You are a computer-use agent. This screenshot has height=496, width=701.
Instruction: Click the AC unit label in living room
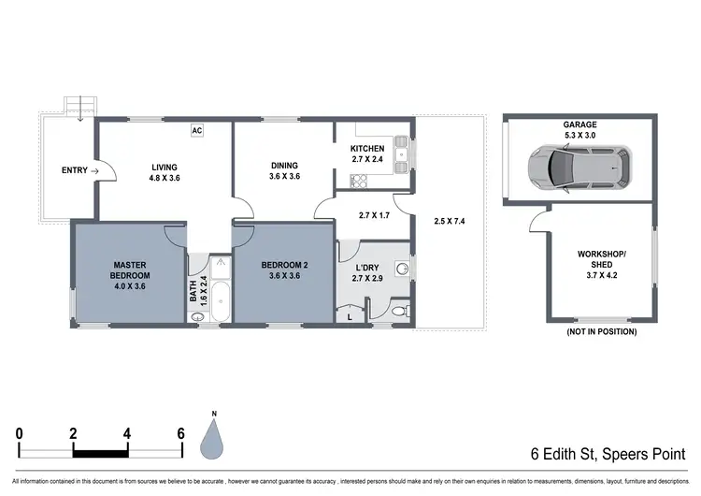[x=197, y=130]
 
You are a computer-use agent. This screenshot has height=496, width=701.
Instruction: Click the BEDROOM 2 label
[x=283, y=270]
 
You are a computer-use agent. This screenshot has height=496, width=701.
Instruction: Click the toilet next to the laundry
[x=398, y=310]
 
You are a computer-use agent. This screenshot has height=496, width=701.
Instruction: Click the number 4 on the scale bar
[x=127, y=433]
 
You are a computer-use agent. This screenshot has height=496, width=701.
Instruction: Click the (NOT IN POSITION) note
[x=601, y=331]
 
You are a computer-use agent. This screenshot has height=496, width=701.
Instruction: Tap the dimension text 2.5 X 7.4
[x=450, y=222]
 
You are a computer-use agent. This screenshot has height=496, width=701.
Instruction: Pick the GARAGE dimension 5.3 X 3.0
[x=579, y=136]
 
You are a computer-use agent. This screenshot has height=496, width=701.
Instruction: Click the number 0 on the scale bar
[x=20, y=433]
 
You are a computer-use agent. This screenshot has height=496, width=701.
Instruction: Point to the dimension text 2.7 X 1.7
[x=374, y=214]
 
